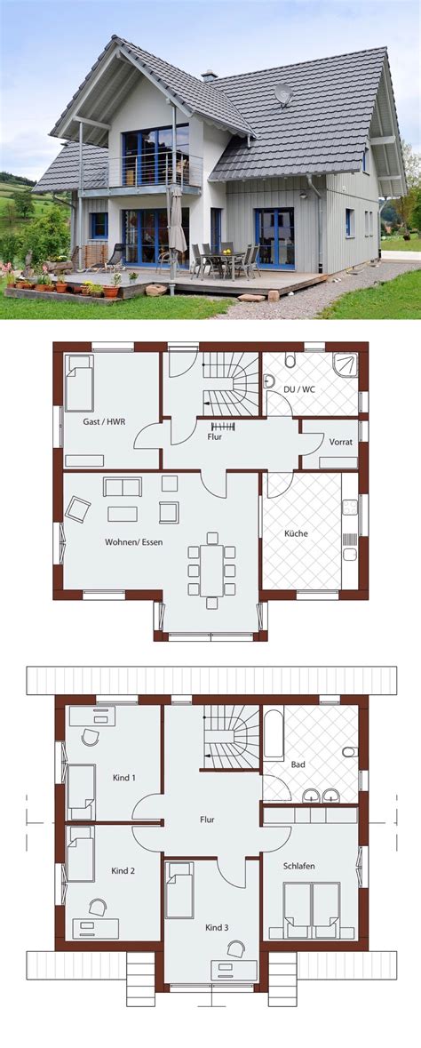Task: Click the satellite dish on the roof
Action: click(283, 94)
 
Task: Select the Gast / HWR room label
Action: click(104, 421)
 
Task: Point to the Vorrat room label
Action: click(340, 442)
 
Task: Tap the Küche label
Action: click(296, 533)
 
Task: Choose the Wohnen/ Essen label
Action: click(133, 542)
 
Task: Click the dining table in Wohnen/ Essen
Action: click(212, 570)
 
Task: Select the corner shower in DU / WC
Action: click(345, 365)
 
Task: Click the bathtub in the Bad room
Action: click(274, 733)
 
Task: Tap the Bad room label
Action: click(298, 764)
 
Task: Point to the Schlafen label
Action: click(298, 866)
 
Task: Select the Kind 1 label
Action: click(123, 777)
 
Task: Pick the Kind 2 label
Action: click(123, 870)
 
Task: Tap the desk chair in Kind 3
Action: click(236, 949)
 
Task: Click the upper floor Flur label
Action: click(207, 820)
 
